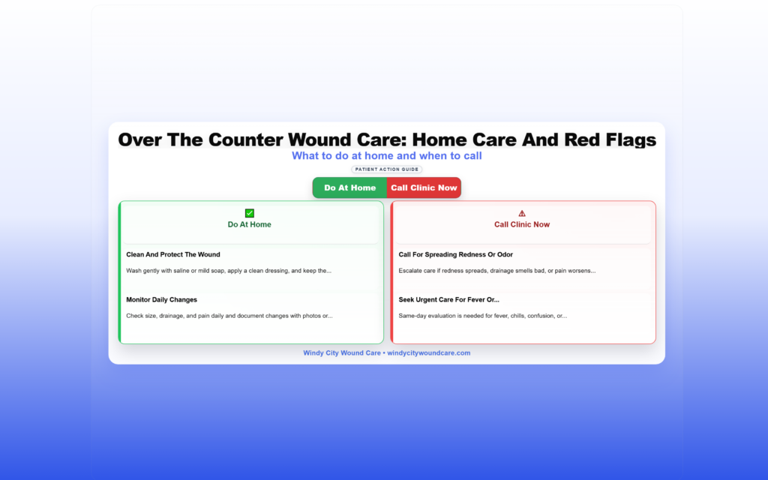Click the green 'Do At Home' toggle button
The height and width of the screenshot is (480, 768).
click(349, 187)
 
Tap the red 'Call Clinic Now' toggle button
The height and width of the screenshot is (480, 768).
click(424, 187)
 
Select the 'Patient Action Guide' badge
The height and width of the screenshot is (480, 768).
click(386, 169)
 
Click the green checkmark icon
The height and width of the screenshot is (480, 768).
click(249, 213)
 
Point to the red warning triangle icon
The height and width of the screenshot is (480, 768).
click(522, 213)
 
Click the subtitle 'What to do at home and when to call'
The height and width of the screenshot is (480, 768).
click(386, 156)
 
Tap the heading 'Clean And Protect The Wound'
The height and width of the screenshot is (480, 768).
click(173, 255)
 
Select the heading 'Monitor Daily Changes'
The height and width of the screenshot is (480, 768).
click(162, 300)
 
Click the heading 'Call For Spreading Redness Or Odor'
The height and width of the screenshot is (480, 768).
click(455, 255)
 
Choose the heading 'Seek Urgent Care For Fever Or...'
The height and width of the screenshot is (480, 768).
click(448, 300)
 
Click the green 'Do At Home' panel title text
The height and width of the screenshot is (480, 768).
click(249, 224)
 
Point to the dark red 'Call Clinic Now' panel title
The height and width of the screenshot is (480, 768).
click(522, 224)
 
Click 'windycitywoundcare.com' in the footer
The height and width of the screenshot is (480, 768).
click(428, 352)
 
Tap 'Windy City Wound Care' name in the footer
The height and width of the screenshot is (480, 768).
click(342, 352)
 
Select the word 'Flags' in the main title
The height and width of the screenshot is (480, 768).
click(631, 139)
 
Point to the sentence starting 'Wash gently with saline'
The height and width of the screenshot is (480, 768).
click(229, 271)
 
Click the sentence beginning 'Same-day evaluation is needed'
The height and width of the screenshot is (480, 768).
click(482, 316)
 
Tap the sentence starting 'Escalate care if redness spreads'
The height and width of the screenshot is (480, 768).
click(497, 271)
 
